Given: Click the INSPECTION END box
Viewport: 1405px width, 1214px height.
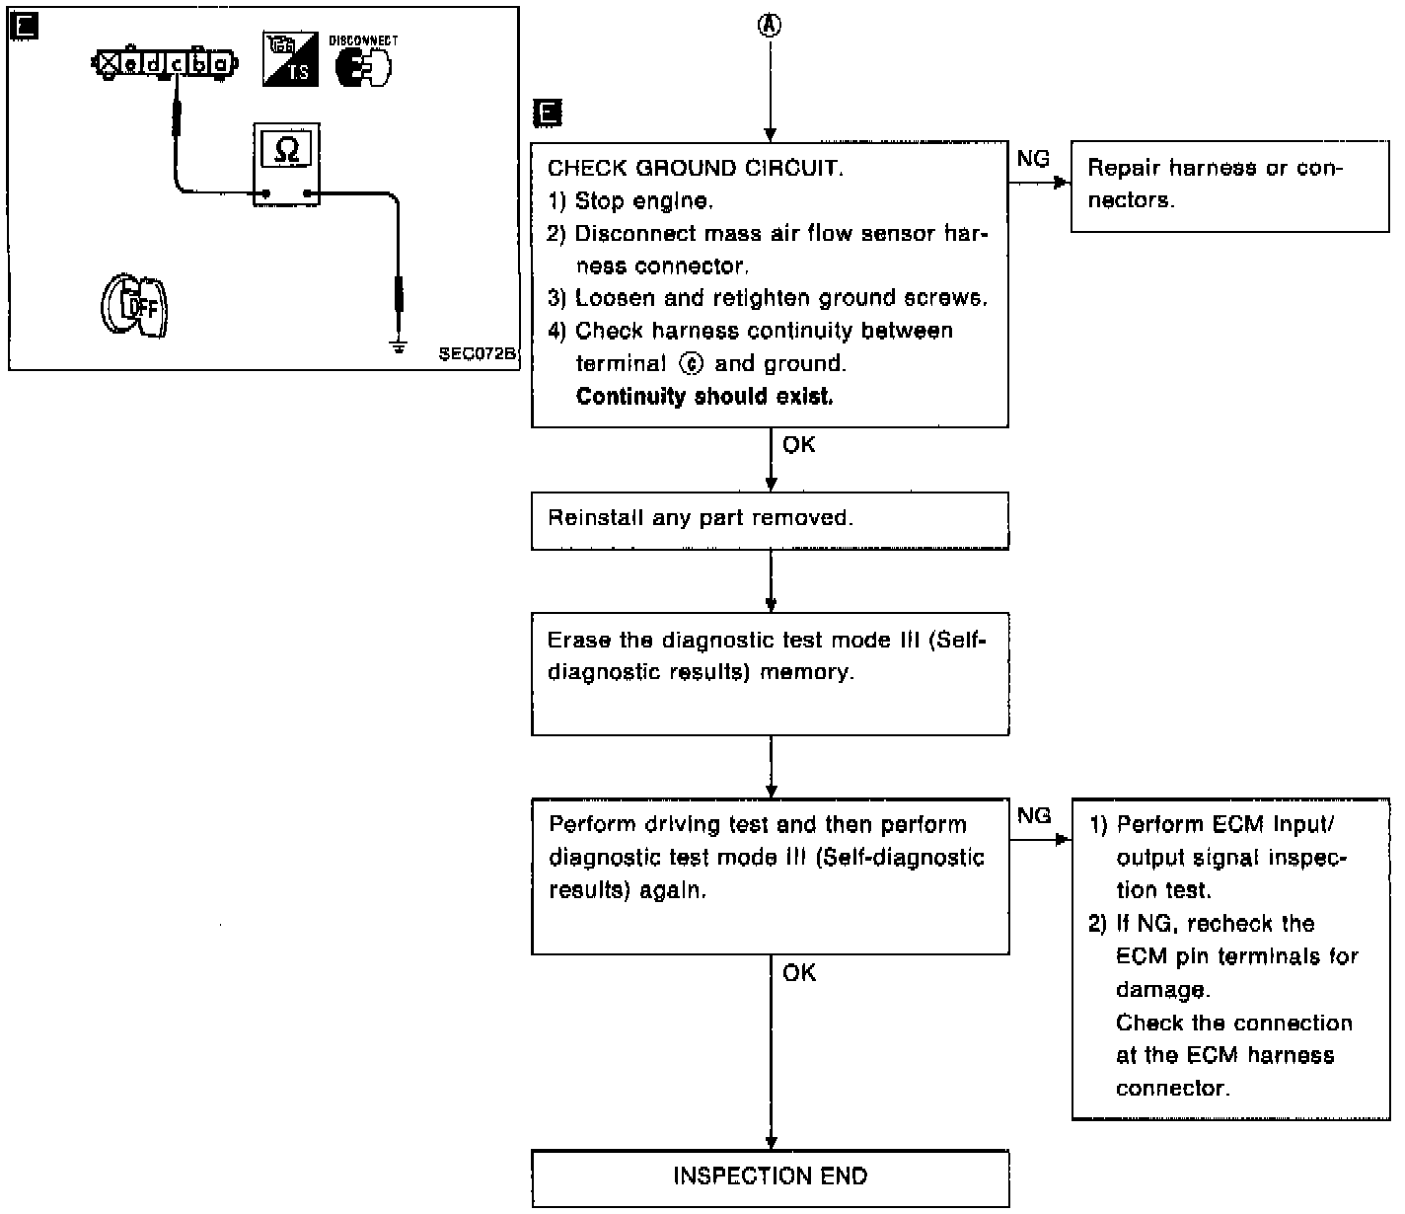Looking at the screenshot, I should pos(770,1176).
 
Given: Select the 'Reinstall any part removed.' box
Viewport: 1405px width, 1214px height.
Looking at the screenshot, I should pos(770,519).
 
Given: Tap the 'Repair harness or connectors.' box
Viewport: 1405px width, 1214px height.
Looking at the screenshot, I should pos(1229,185).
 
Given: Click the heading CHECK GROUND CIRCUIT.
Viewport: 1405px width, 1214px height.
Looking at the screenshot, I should pos(696,168).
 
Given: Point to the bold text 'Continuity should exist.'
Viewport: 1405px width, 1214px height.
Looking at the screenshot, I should pos(703,397).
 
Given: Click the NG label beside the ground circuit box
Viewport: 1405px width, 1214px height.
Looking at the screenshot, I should pos(1033,158).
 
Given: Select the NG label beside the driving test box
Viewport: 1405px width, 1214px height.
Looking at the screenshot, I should pos(1034,815).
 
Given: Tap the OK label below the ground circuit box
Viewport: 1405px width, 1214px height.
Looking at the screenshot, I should pos(798,445).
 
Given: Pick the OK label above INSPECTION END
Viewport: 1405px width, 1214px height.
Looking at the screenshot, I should pos(799,973).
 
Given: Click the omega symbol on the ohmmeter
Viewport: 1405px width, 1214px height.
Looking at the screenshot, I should pos(286,149).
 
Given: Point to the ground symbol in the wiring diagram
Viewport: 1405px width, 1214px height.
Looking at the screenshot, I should pos(399,346).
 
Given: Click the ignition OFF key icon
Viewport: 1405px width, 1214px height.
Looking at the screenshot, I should pos(134,305).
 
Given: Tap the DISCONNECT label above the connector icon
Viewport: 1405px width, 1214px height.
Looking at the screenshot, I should pos(363,40).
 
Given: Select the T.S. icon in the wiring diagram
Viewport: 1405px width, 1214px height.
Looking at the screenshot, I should pos(291,60).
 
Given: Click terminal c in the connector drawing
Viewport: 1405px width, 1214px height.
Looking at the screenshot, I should pos(177,65).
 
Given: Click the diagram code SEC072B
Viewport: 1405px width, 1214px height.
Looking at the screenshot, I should pos(478,354).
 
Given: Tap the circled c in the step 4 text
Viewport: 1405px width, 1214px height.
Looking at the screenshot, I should pos(693,363).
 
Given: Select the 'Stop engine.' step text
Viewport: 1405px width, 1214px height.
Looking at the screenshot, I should pos(641,201).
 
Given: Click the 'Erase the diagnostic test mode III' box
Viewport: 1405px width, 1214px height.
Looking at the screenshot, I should pos(770,673).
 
